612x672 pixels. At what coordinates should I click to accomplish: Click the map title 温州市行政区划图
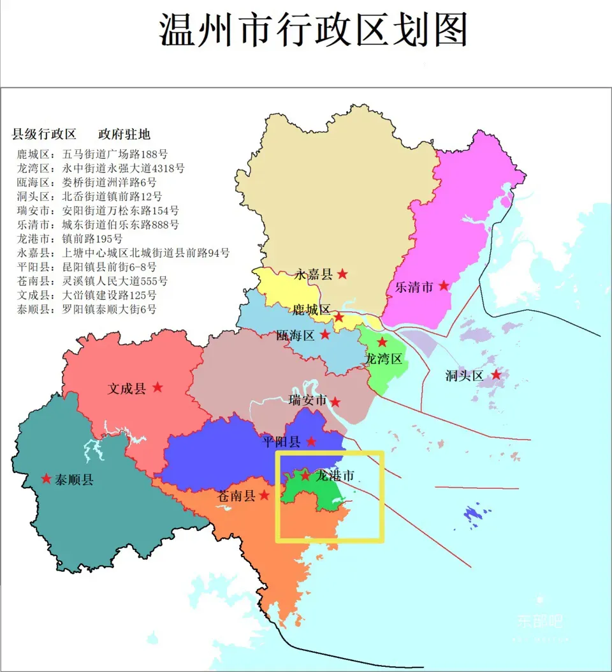313,30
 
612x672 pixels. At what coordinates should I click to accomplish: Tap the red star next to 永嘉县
342,274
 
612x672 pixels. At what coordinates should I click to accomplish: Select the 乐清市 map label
414,287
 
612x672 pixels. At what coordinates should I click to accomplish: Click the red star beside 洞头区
496,375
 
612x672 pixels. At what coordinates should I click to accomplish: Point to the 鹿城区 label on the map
311,310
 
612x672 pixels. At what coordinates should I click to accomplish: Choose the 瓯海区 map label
296,335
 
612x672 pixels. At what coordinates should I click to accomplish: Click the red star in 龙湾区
382,343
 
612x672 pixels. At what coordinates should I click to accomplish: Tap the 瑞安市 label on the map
307,401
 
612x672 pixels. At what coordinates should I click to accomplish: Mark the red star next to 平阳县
311,441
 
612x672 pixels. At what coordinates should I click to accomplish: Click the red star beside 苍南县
264,495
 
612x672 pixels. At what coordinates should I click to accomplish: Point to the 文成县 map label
126,388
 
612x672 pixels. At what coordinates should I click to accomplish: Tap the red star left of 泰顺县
46,479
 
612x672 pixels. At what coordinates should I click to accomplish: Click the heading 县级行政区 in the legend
44,135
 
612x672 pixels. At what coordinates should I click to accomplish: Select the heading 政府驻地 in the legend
124,135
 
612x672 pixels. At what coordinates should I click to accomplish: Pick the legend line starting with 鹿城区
92,154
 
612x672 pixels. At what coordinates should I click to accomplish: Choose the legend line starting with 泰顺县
86,309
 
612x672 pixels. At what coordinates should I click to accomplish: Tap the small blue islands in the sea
476,514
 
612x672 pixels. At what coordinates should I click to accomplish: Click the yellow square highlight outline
383,498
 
